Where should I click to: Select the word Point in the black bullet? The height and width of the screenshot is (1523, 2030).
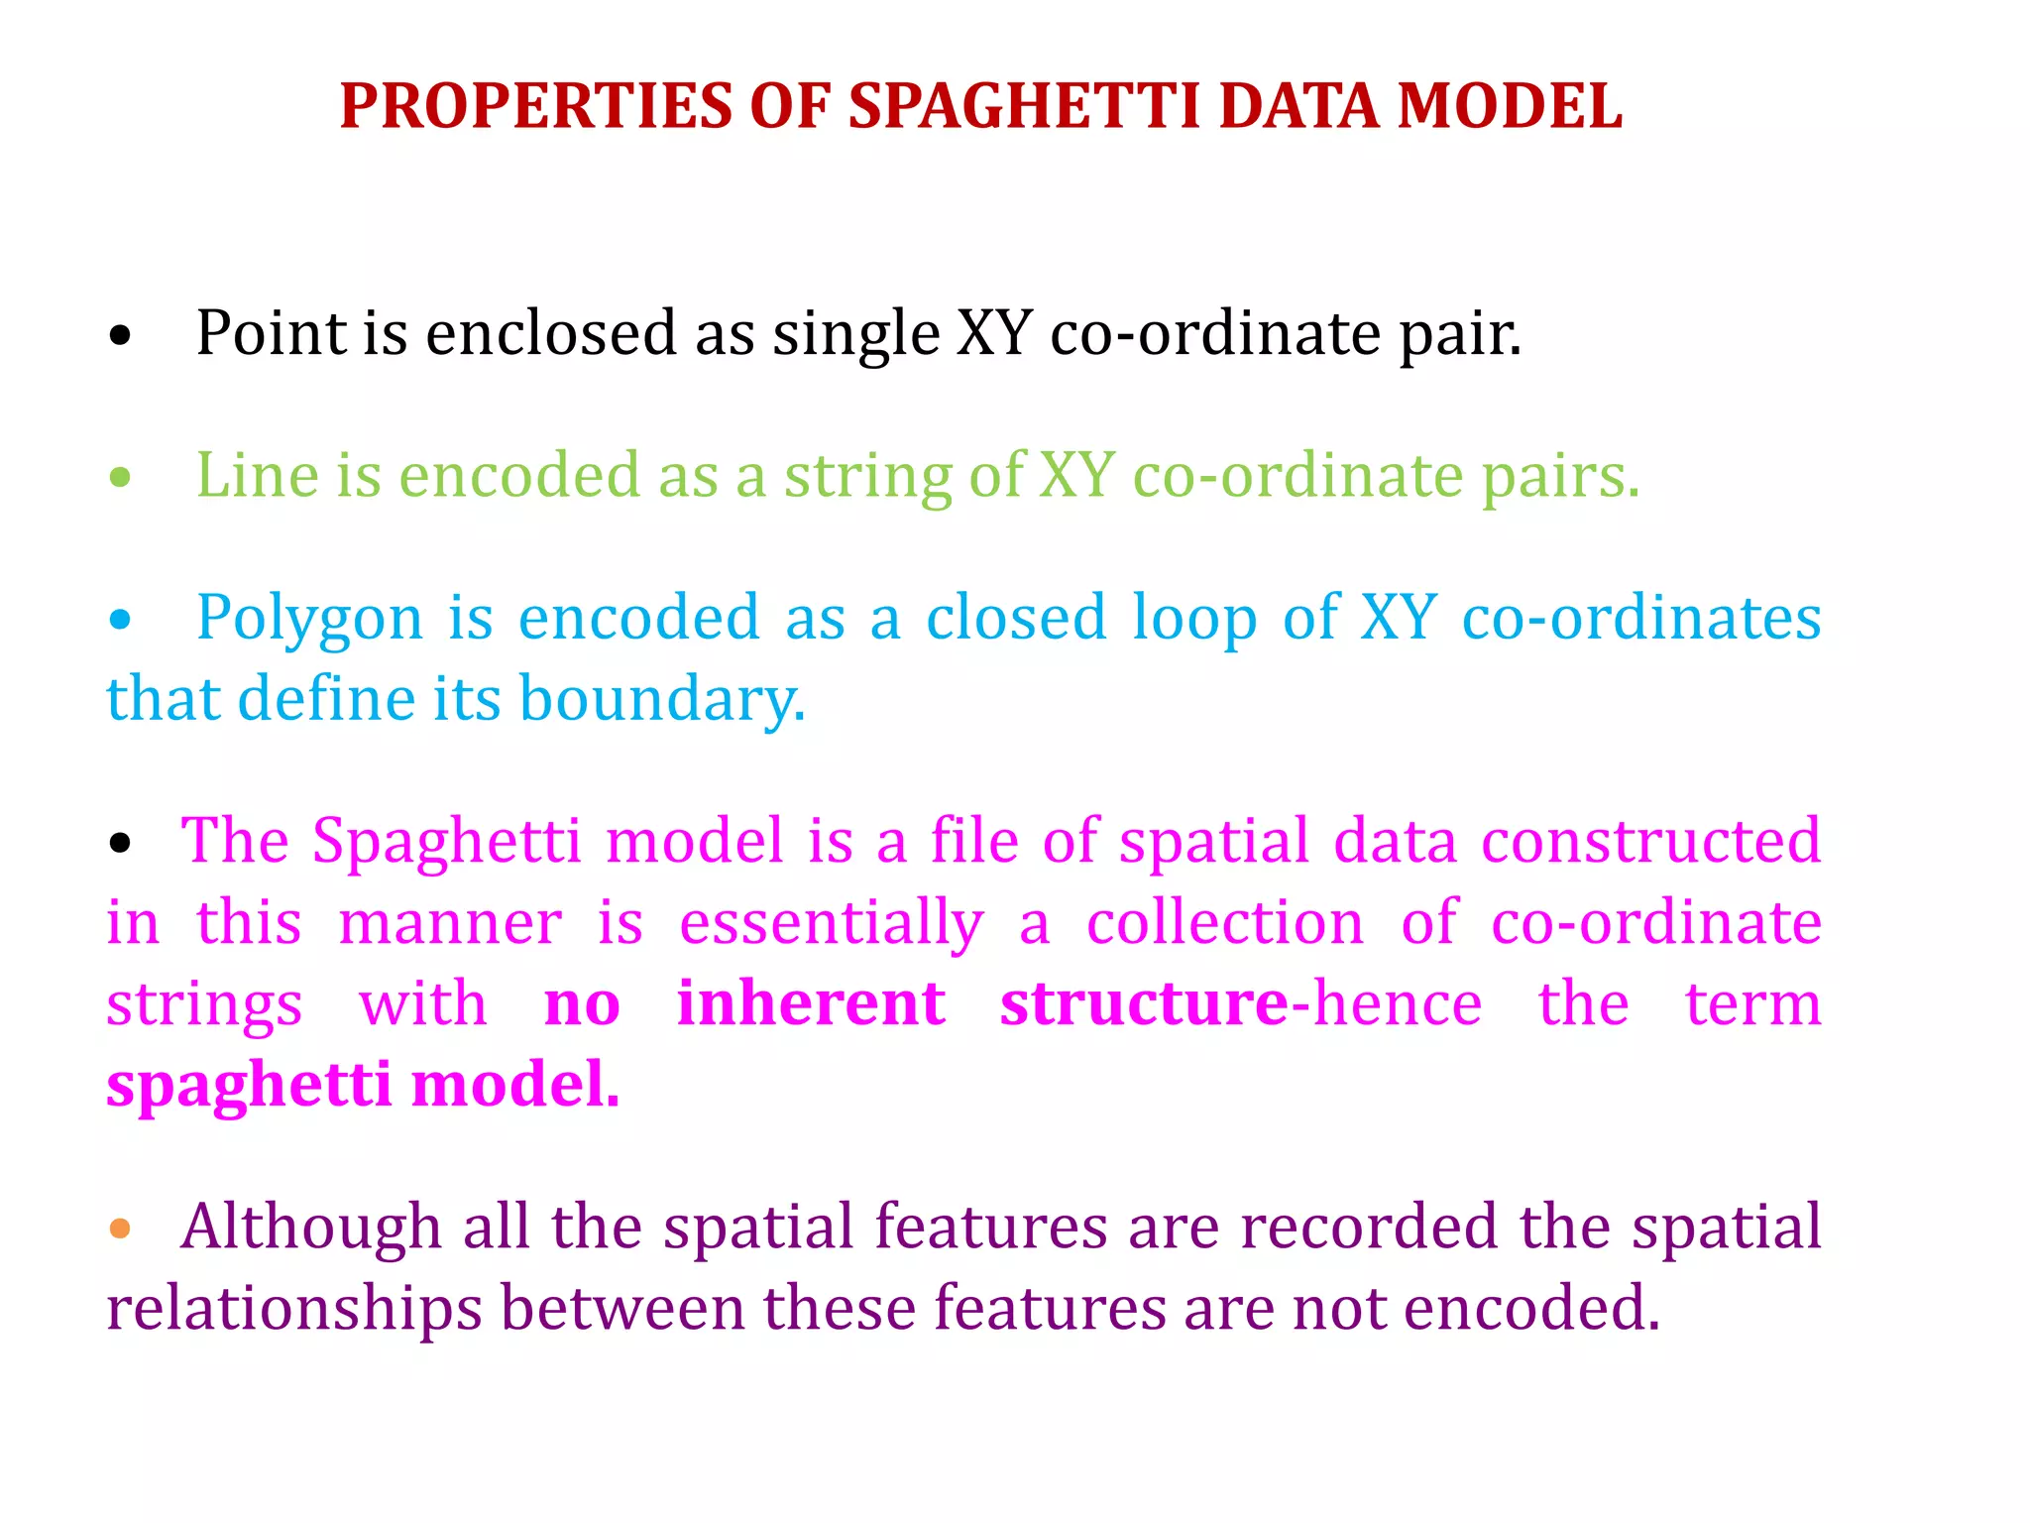coord(271,333)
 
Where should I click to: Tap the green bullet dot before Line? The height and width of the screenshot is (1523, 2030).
coord(120,479)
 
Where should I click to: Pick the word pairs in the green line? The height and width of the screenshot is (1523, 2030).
coord(1559,476)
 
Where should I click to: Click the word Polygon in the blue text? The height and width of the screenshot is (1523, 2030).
coord(309,620)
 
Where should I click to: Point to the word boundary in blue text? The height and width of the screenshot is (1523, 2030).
coord(661,700)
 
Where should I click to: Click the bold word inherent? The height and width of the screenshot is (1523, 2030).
coord(810,1003)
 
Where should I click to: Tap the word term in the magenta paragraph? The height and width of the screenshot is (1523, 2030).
coord(1752,1003)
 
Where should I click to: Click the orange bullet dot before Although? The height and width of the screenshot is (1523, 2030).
coord(120,1230)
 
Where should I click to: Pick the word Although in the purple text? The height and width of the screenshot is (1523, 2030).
coord(310,1228)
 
